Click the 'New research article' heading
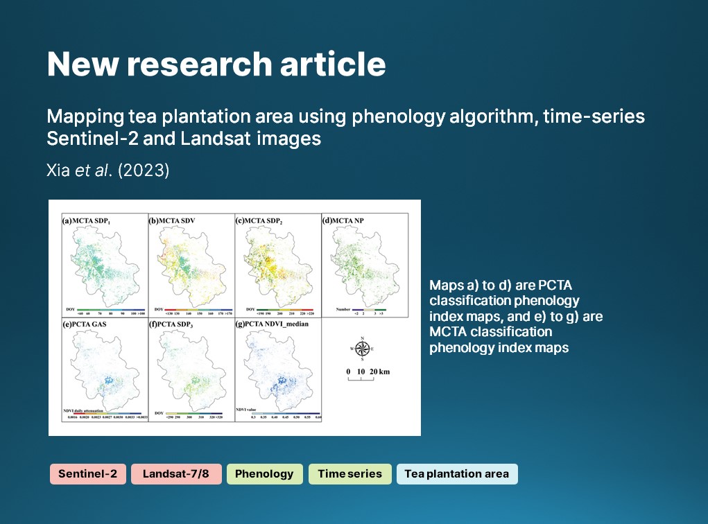coord(216,64)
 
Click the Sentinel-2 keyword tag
coord(87,474)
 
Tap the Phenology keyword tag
coord(264,474)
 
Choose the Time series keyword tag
coord(349,474)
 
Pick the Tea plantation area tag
coord(456,474)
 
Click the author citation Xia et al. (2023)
coord(108,171)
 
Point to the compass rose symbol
coord(362,349)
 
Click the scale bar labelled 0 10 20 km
coord(368,375)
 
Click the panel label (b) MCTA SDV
coord(171,221)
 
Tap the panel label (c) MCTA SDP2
coord(260,221)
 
